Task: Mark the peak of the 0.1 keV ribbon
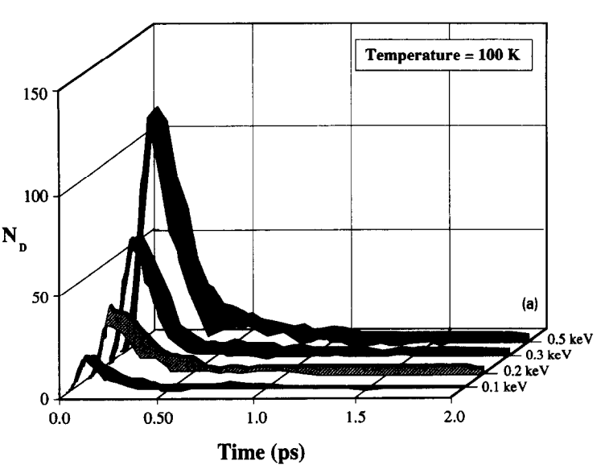[88, 360]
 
